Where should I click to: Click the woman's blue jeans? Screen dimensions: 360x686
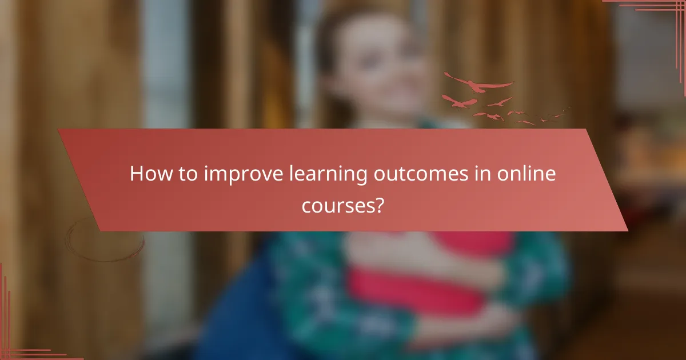(240, 320)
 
